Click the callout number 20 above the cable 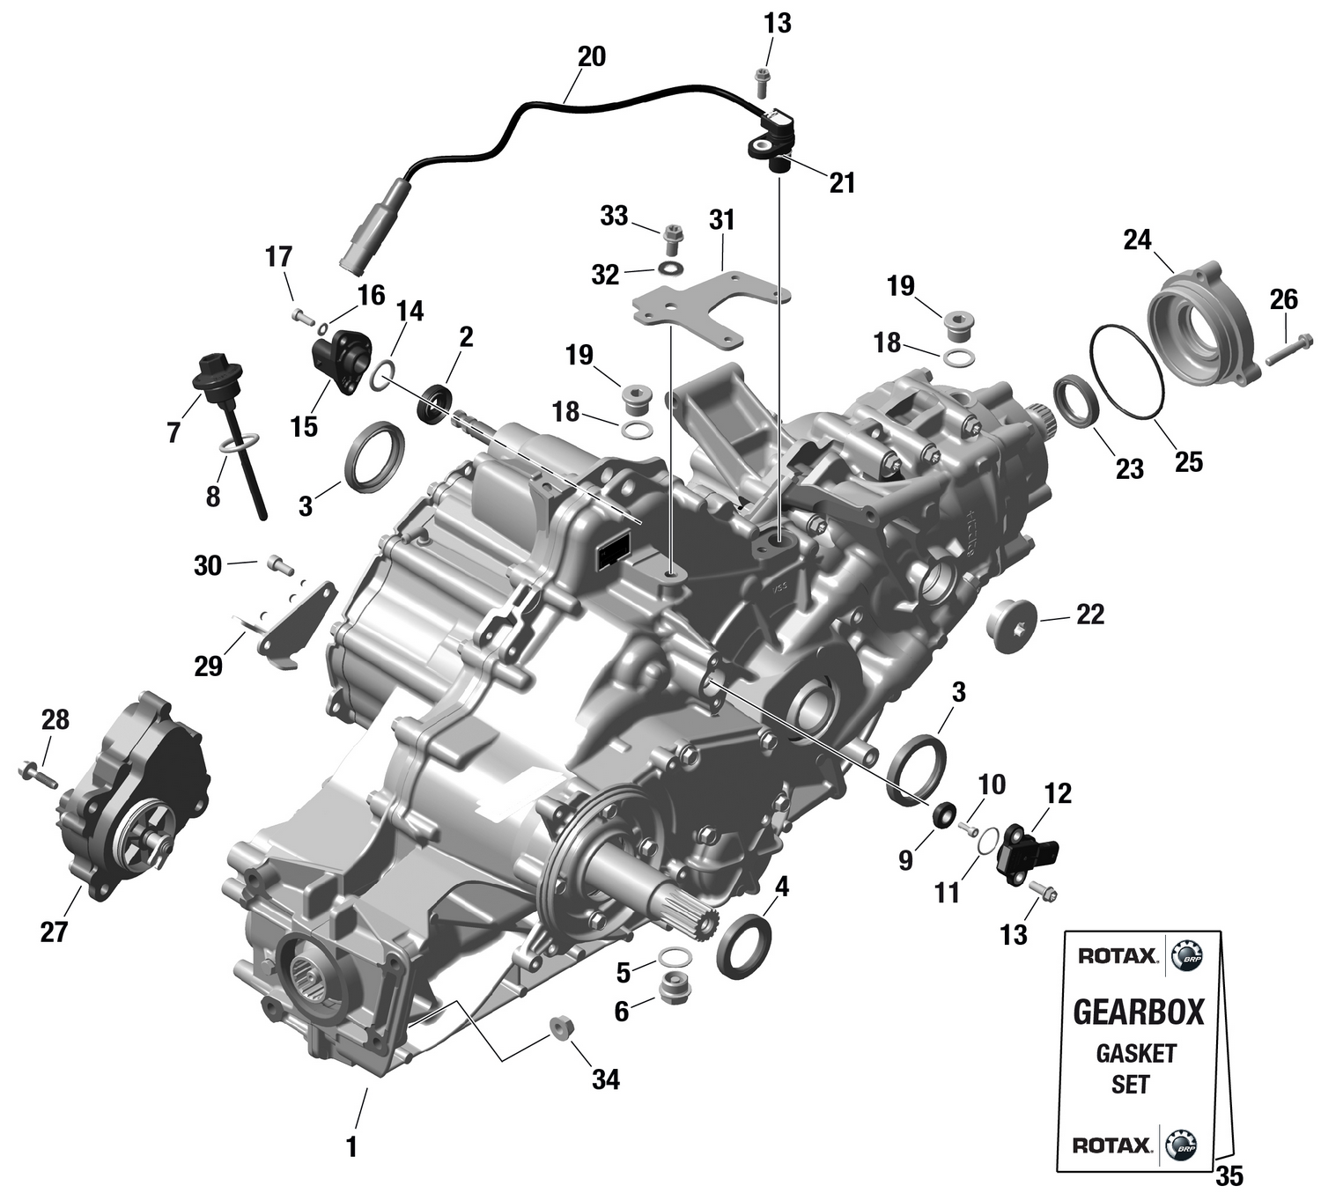click(591, 56)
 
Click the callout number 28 click(55, 719)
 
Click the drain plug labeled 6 click(675, 989)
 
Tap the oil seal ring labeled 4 click(745, 945)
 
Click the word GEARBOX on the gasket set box click(1138, 1012)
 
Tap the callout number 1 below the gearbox click(352, 1147)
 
